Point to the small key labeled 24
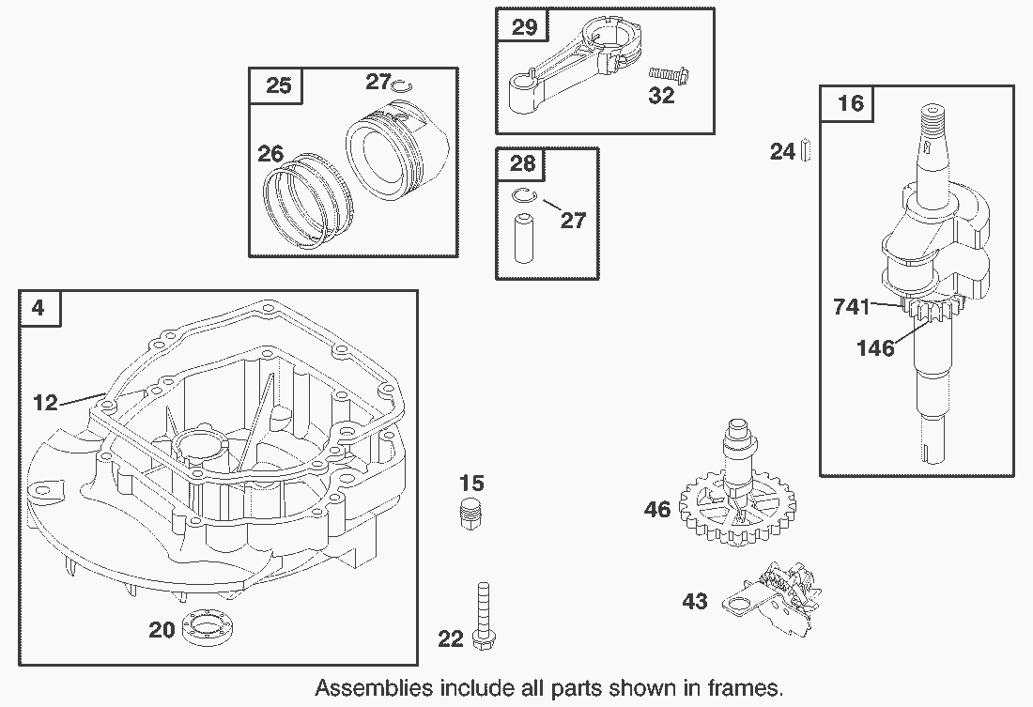806,150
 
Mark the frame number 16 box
849,102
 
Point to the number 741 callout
851,306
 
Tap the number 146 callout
874,347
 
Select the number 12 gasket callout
45,403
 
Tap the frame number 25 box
278,85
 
